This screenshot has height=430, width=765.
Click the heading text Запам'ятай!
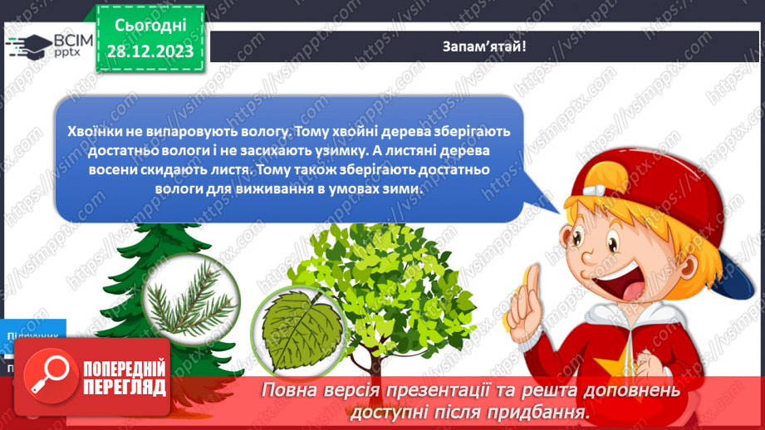point(484,46)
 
